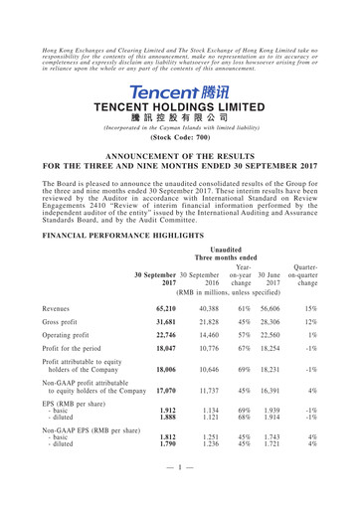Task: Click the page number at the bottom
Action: click(x=179, y=494)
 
